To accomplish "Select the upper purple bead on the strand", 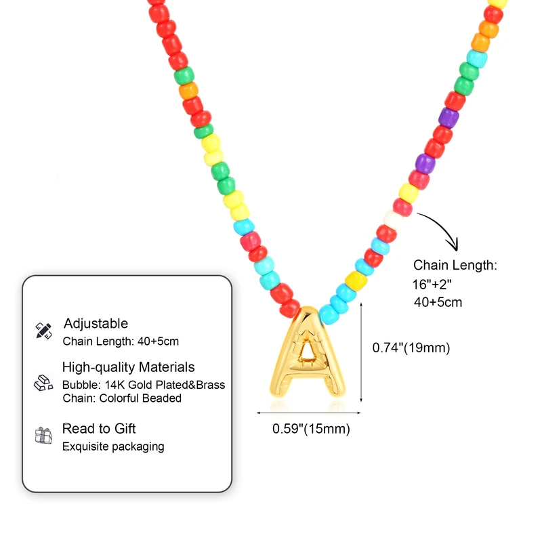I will [x=449, y=117].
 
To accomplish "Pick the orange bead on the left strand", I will [x=189, y=90].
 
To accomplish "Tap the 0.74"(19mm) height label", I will [x=411, y=348].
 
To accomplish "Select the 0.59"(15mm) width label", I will [x=311, y=428].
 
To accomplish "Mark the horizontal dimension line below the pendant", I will [x=308, y=411].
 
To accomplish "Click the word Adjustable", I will [x=96, y=323].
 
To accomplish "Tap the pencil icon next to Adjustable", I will [x=43, y=331].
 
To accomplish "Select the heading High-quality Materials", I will [x=128, y=367].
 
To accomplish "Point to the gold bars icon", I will [x=43, y=383].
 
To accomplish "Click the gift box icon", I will [x=43, y=436].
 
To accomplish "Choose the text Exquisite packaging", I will [x=113, y=446].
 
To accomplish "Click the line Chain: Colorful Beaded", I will [x=122, y=398].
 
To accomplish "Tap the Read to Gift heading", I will [x=99, y=428].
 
